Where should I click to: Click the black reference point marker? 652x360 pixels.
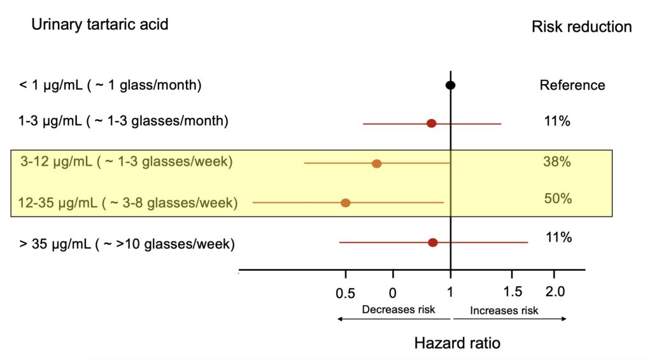click(x=450, y=85)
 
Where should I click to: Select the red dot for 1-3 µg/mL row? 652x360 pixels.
click(x=431, y=123)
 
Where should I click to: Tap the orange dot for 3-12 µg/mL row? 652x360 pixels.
click(x=376, y=164)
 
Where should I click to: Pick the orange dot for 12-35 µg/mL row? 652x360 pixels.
click(x=345, y=203)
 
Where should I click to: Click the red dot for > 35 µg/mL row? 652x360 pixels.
click(x=433, y=242)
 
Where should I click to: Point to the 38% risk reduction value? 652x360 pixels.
click(x=556, y=162)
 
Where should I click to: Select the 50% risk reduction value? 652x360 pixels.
click(x=558, y=199)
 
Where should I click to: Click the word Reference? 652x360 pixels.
click(x=572, y=85)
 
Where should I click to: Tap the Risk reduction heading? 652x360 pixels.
click(x=581, y=27)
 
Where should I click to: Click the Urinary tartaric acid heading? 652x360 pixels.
click(x=100, y=25)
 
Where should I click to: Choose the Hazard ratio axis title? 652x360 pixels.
click(x=457, y=343)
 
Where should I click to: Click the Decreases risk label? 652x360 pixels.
click(x=398, y=310)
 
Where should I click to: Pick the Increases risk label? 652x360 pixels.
click(x=504, y=310)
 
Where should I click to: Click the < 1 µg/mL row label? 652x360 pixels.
click(x=110, y=85)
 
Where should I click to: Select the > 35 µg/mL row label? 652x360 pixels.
click(x=127, y=243)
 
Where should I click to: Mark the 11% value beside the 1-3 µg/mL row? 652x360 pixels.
click(x=557, y=121)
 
